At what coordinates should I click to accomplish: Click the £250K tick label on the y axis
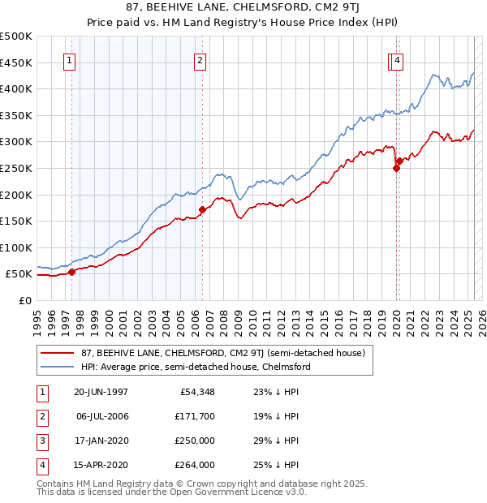(x=16, y=168)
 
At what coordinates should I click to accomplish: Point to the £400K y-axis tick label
(x=16, y=88)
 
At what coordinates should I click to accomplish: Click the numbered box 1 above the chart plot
(x=69, y=60)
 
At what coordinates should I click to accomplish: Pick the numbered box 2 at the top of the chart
(x=200, y=60)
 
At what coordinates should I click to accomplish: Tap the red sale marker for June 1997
(x=71, y=272)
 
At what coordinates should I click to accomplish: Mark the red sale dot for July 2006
(x=202, y=209)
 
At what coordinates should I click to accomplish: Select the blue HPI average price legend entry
(x=196, y=367)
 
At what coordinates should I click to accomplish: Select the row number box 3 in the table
(x=41, y=441)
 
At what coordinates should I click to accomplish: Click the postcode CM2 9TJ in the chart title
(x=321, y=8)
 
